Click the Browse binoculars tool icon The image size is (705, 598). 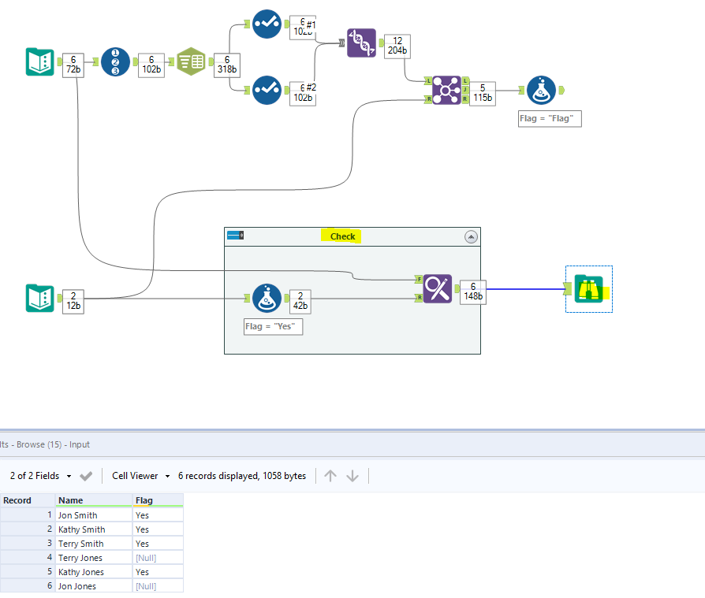(x=588, y=289)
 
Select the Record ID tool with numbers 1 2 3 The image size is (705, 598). (x=115, y=61)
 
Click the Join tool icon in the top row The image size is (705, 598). (x=446, y=90)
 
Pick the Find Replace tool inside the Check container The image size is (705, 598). (x=437, y=289)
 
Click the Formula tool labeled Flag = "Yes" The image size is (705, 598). (x=267, y=298)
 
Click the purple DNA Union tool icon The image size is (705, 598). (x=361, y=43)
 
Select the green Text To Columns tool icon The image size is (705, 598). (x=191, y=61)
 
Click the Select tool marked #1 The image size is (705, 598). (x=267, y=24)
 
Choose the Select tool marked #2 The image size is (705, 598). (x=267, y=90)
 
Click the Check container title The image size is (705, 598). (x=342, y=236)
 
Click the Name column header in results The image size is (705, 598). (x=70, y=500)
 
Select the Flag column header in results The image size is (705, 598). (x=144, y=500)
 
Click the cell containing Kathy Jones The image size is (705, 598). (x=81, y=572)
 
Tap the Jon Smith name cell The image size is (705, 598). (x=78, y=515)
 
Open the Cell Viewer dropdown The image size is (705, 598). (x=141, y=476)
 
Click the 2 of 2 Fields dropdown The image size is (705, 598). (x=41, y=476)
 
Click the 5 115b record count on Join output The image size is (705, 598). (x=483, y=93)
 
